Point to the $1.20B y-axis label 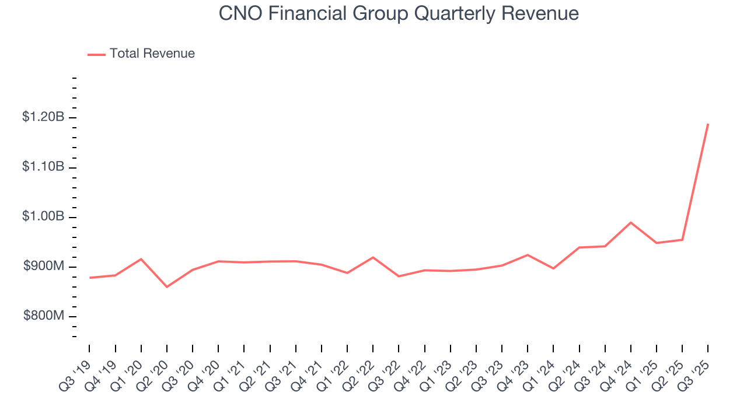click(x=43, y=117)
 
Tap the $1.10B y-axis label click(x=43, y=167)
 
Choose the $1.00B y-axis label click(x=43, y=216)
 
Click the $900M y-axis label click(x=43, y=267)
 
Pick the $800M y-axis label click(x=43, y=316)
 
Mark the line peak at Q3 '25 click(x=708, y=124)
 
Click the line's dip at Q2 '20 click(x=167, y=287)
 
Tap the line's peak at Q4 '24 click(x=631, y=222)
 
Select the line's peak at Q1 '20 click(x=141, y=259)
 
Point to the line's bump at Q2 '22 click(x=373, y=257)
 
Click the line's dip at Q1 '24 click(x=553, y=268)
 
